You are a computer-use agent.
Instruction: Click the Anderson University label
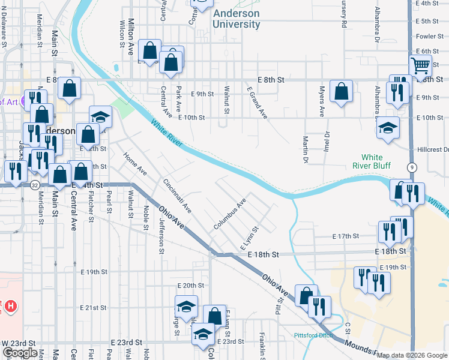point(236,19)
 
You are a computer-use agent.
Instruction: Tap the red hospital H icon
point(10,307)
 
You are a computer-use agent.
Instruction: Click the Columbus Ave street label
point(230,215)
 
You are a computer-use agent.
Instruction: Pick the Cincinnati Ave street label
point(177,195)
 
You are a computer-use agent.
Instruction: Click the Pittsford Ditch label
point(313,335)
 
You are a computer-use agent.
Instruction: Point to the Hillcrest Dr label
point(432,149)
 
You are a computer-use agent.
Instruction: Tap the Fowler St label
point(429,36)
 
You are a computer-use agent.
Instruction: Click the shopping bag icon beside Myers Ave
point(341,91)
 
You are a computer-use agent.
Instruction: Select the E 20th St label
point(191,285)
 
